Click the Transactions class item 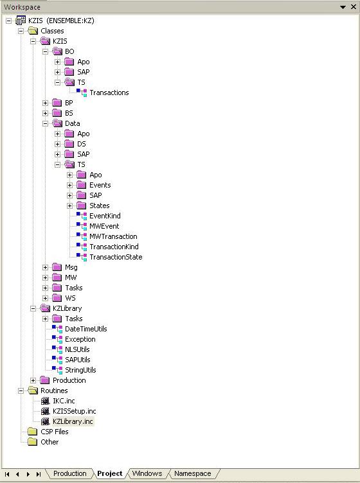109,92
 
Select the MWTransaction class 113,236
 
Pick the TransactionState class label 116,257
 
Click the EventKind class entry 105,216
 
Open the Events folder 100,185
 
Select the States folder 99,206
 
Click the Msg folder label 71,267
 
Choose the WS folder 70,298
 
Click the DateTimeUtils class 85,329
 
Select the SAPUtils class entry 77,360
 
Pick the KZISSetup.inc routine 74,411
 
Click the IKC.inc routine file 64,401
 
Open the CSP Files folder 54,432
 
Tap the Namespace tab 193,473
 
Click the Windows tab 147,473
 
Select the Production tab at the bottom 69,473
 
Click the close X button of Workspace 354,7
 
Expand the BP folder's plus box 45,103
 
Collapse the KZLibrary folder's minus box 33,308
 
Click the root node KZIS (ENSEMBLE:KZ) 61,21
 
